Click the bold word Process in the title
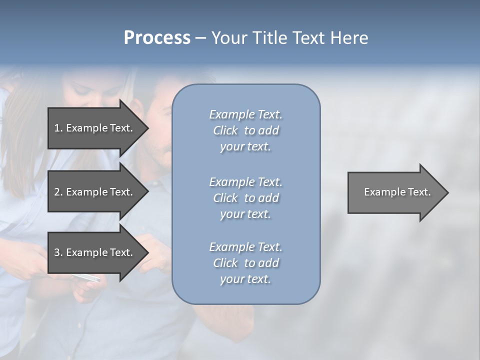(157, 38)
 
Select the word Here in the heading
(350, 38)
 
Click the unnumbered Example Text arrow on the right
(397, 192)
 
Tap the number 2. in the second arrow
(58, 192)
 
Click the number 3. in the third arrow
(58, 252)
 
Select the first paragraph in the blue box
(245, 130)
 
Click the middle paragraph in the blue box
(245, 197)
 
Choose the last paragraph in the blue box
(245, 263)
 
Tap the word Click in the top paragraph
(225, 130)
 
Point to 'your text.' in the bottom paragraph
(245, 279)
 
